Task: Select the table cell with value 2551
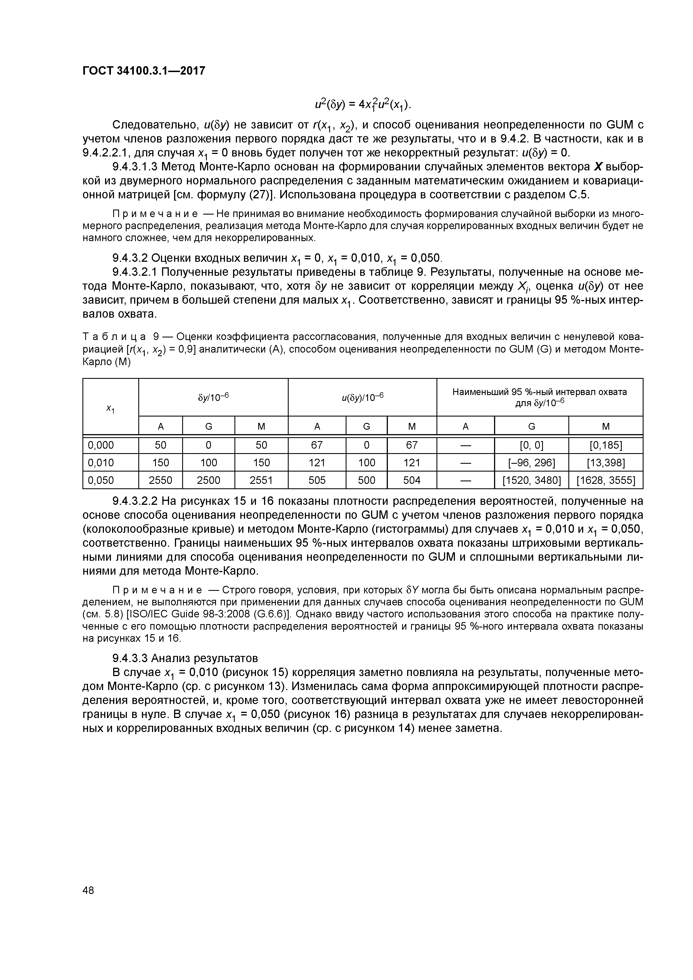(x=261, y=480)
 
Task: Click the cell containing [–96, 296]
(x=531, y=463)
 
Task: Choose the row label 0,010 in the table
(x=101, y=463)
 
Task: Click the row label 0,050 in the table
(x=101, y=480)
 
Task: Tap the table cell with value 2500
(x=208, y=480)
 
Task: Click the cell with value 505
(x=317, y=480)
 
